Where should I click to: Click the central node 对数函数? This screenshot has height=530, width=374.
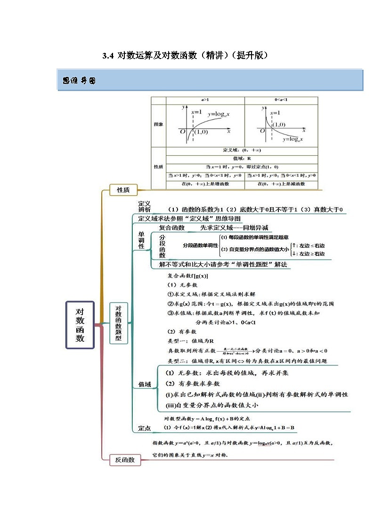80,325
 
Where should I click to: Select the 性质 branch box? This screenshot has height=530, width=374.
122,190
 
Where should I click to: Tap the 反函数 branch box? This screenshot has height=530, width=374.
125,460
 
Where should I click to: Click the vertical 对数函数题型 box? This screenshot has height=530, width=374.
119,323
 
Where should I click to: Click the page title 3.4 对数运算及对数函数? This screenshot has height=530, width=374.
185,56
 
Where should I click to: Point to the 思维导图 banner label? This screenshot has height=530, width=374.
79,81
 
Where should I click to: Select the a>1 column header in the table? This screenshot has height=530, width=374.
205,100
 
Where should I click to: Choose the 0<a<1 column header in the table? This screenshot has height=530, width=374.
281,100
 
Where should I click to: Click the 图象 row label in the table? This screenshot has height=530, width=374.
158,125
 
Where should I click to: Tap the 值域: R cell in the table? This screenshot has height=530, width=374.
242,159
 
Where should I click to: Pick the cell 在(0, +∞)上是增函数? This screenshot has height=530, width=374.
205,184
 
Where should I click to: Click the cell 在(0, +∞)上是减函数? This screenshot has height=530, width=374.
281,184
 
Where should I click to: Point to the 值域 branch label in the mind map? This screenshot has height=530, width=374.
144,385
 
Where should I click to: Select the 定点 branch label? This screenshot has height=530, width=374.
144,428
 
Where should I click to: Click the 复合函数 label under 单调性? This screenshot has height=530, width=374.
171,228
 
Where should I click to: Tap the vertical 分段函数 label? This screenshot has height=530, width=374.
163,246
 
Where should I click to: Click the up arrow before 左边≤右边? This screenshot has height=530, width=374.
294,245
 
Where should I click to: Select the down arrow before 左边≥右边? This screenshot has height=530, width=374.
294,253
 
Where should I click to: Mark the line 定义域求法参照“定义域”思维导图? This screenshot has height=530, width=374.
189,219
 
